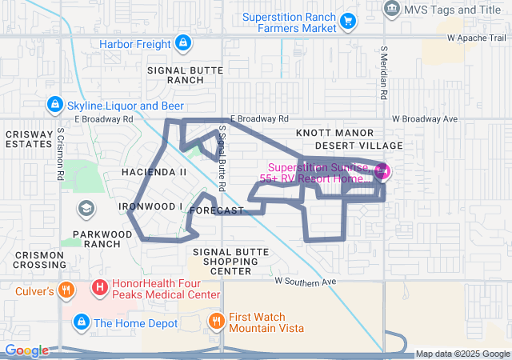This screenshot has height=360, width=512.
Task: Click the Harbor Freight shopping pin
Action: pyautogui.click(x=183, y=43)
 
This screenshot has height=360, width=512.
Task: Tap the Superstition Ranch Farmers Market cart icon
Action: pyautogui.click(x=348, y=21)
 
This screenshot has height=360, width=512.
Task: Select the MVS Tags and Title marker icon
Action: pyautogui.click(x=392, y=9)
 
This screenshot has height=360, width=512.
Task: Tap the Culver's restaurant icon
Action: pyautogui.click(x=67, y=290)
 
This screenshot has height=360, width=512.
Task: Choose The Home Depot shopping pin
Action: pyautogui.click(x=81, y=322)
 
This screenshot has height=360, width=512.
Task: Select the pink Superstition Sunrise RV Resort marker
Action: pyautogui.click(x=382, y=170)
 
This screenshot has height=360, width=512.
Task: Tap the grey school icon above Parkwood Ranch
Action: pyautogui.click(x=85, y=209)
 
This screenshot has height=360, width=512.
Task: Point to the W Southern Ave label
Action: pyautogui.click(x=304, y=282)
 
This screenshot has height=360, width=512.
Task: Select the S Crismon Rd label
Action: pyautogui.click(x=60, y=154)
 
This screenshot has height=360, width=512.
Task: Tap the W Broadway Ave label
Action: pyautogui.click(x=425, y=119)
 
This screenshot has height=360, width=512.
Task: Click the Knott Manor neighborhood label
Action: pyautogui.click(x=334, y=132)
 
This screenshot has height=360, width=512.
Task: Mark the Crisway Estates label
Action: pyautogui.click(x=29, y=139)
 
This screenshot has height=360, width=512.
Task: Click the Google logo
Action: pyautogui.click(x=26, y=350)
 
